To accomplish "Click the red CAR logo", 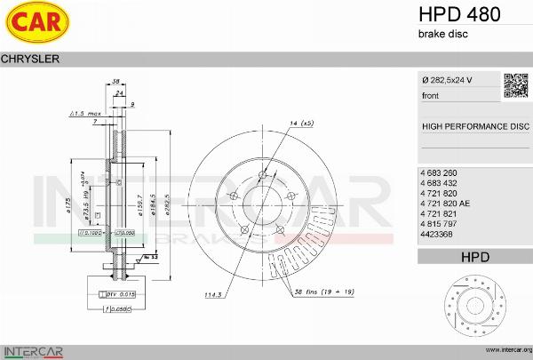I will tap(35, 24).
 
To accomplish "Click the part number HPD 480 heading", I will tap(459, 14).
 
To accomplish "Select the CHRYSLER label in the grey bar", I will tap(30, 59).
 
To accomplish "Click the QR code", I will tap(516, 84).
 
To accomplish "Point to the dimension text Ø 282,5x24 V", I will tap(447, 81).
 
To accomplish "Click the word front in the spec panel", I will tap(430, 95).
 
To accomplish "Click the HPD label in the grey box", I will tap(474, 257).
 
